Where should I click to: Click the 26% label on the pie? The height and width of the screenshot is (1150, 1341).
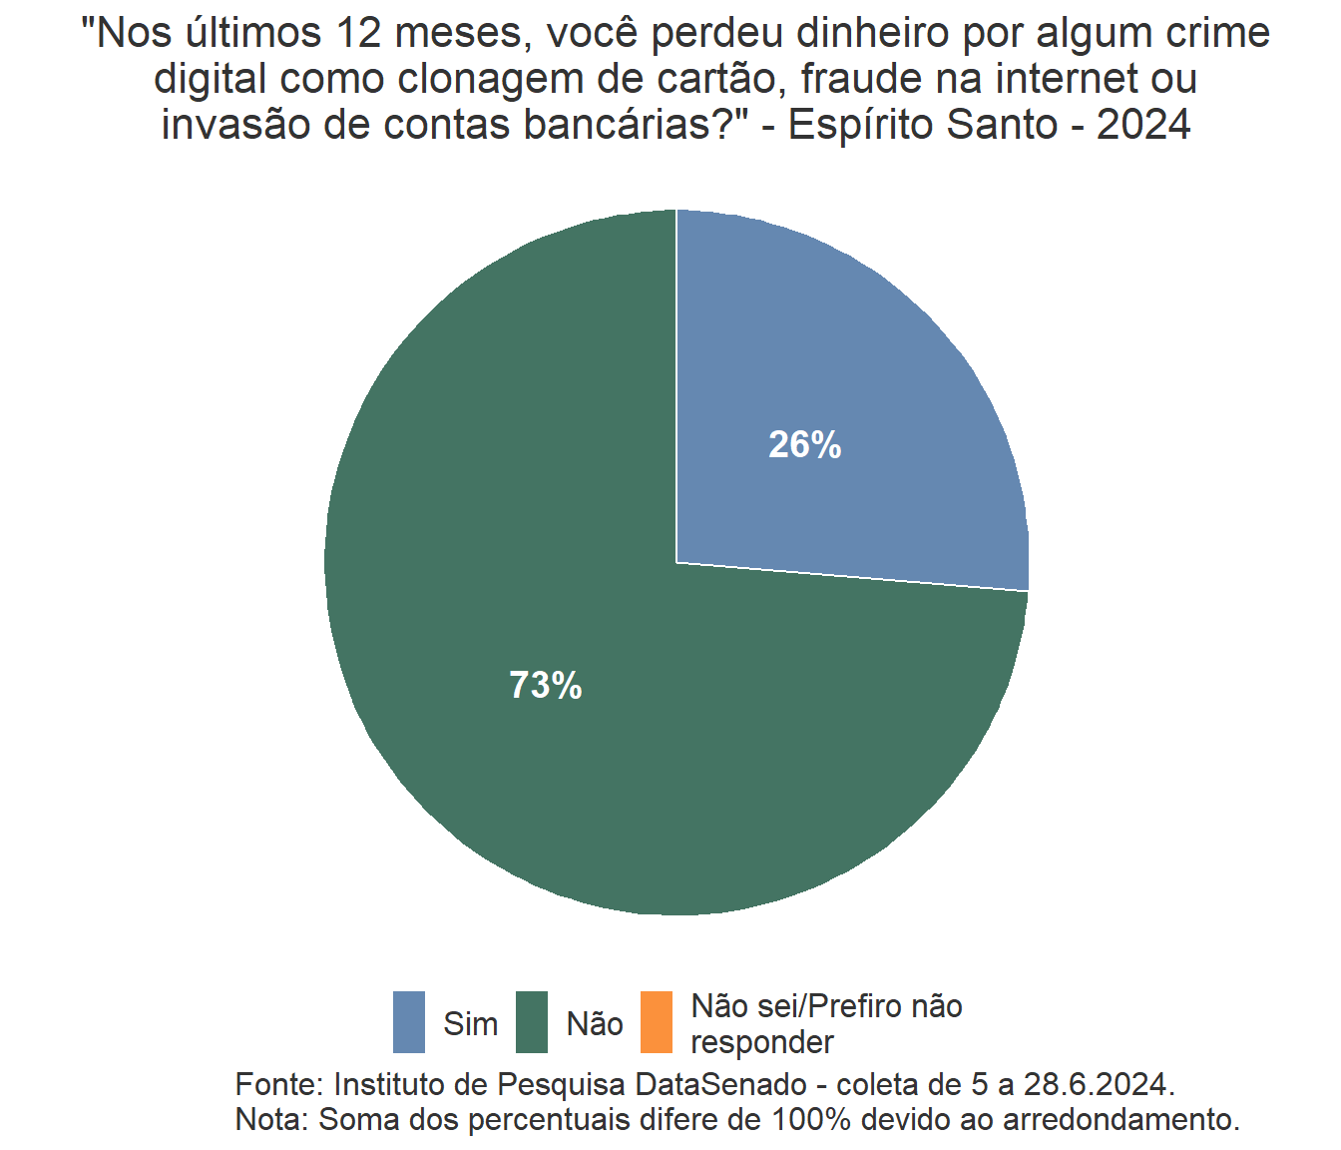pos(804,445)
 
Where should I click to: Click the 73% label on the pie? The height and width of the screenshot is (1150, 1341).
pos(546,686)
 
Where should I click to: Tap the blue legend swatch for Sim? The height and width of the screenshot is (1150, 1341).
pos(409,1022)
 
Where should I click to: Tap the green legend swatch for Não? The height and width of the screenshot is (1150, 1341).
pos(532,1022)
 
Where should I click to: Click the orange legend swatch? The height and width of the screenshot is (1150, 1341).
pos(656,1022)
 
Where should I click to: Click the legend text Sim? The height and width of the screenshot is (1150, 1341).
pos(470,1024)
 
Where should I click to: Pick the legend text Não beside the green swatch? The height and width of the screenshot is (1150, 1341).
pos(595,1024)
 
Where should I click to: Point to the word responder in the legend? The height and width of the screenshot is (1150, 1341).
pos(762,1042)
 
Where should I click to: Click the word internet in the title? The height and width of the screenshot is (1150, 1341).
pos(1068,80)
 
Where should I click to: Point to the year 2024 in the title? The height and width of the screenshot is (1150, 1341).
pos(1143,126)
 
